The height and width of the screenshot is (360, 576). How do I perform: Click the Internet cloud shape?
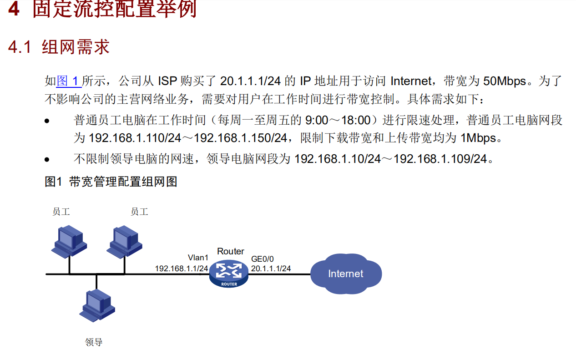346,274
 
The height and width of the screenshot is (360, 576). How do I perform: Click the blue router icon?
229,274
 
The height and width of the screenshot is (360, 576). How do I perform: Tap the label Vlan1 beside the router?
198,258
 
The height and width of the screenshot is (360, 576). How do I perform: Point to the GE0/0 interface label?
263,259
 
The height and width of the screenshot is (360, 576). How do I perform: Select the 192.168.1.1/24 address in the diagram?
182,269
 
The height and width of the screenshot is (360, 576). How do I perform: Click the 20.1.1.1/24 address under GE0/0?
271,269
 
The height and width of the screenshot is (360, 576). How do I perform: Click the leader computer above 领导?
96,305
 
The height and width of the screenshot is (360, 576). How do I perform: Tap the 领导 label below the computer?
94,342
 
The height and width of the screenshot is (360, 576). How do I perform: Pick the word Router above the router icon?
231,251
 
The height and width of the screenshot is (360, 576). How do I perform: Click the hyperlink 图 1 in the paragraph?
69,81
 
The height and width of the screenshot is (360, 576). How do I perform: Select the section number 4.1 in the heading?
20,47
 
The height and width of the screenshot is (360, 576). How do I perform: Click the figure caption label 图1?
53,182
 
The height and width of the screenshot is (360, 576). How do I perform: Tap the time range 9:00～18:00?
338,120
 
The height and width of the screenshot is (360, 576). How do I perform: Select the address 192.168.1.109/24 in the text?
440,159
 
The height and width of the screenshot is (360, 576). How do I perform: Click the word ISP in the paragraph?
167,81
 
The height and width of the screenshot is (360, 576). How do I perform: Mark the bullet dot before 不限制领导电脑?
47,160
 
